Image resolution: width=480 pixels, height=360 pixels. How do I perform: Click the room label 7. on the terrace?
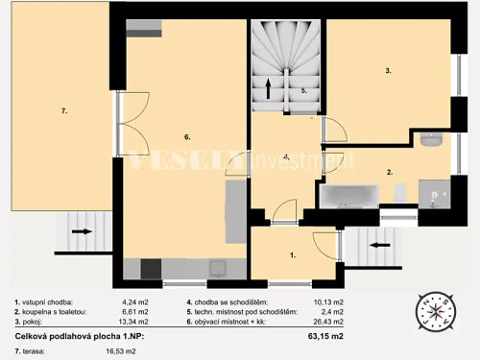[x=63, y=112]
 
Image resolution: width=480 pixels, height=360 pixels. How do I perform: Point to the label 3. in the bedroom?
[x=388, y=71]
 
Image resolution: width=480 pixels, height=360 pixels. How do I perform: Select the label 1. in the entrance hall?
[x=292, y=255]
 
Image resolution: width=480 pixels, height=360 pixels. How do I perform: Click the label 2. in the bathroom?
[x=389, y=173]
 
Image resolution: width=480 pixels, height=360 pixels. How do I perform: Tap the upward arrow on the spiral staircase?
[x=269, y=90]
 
